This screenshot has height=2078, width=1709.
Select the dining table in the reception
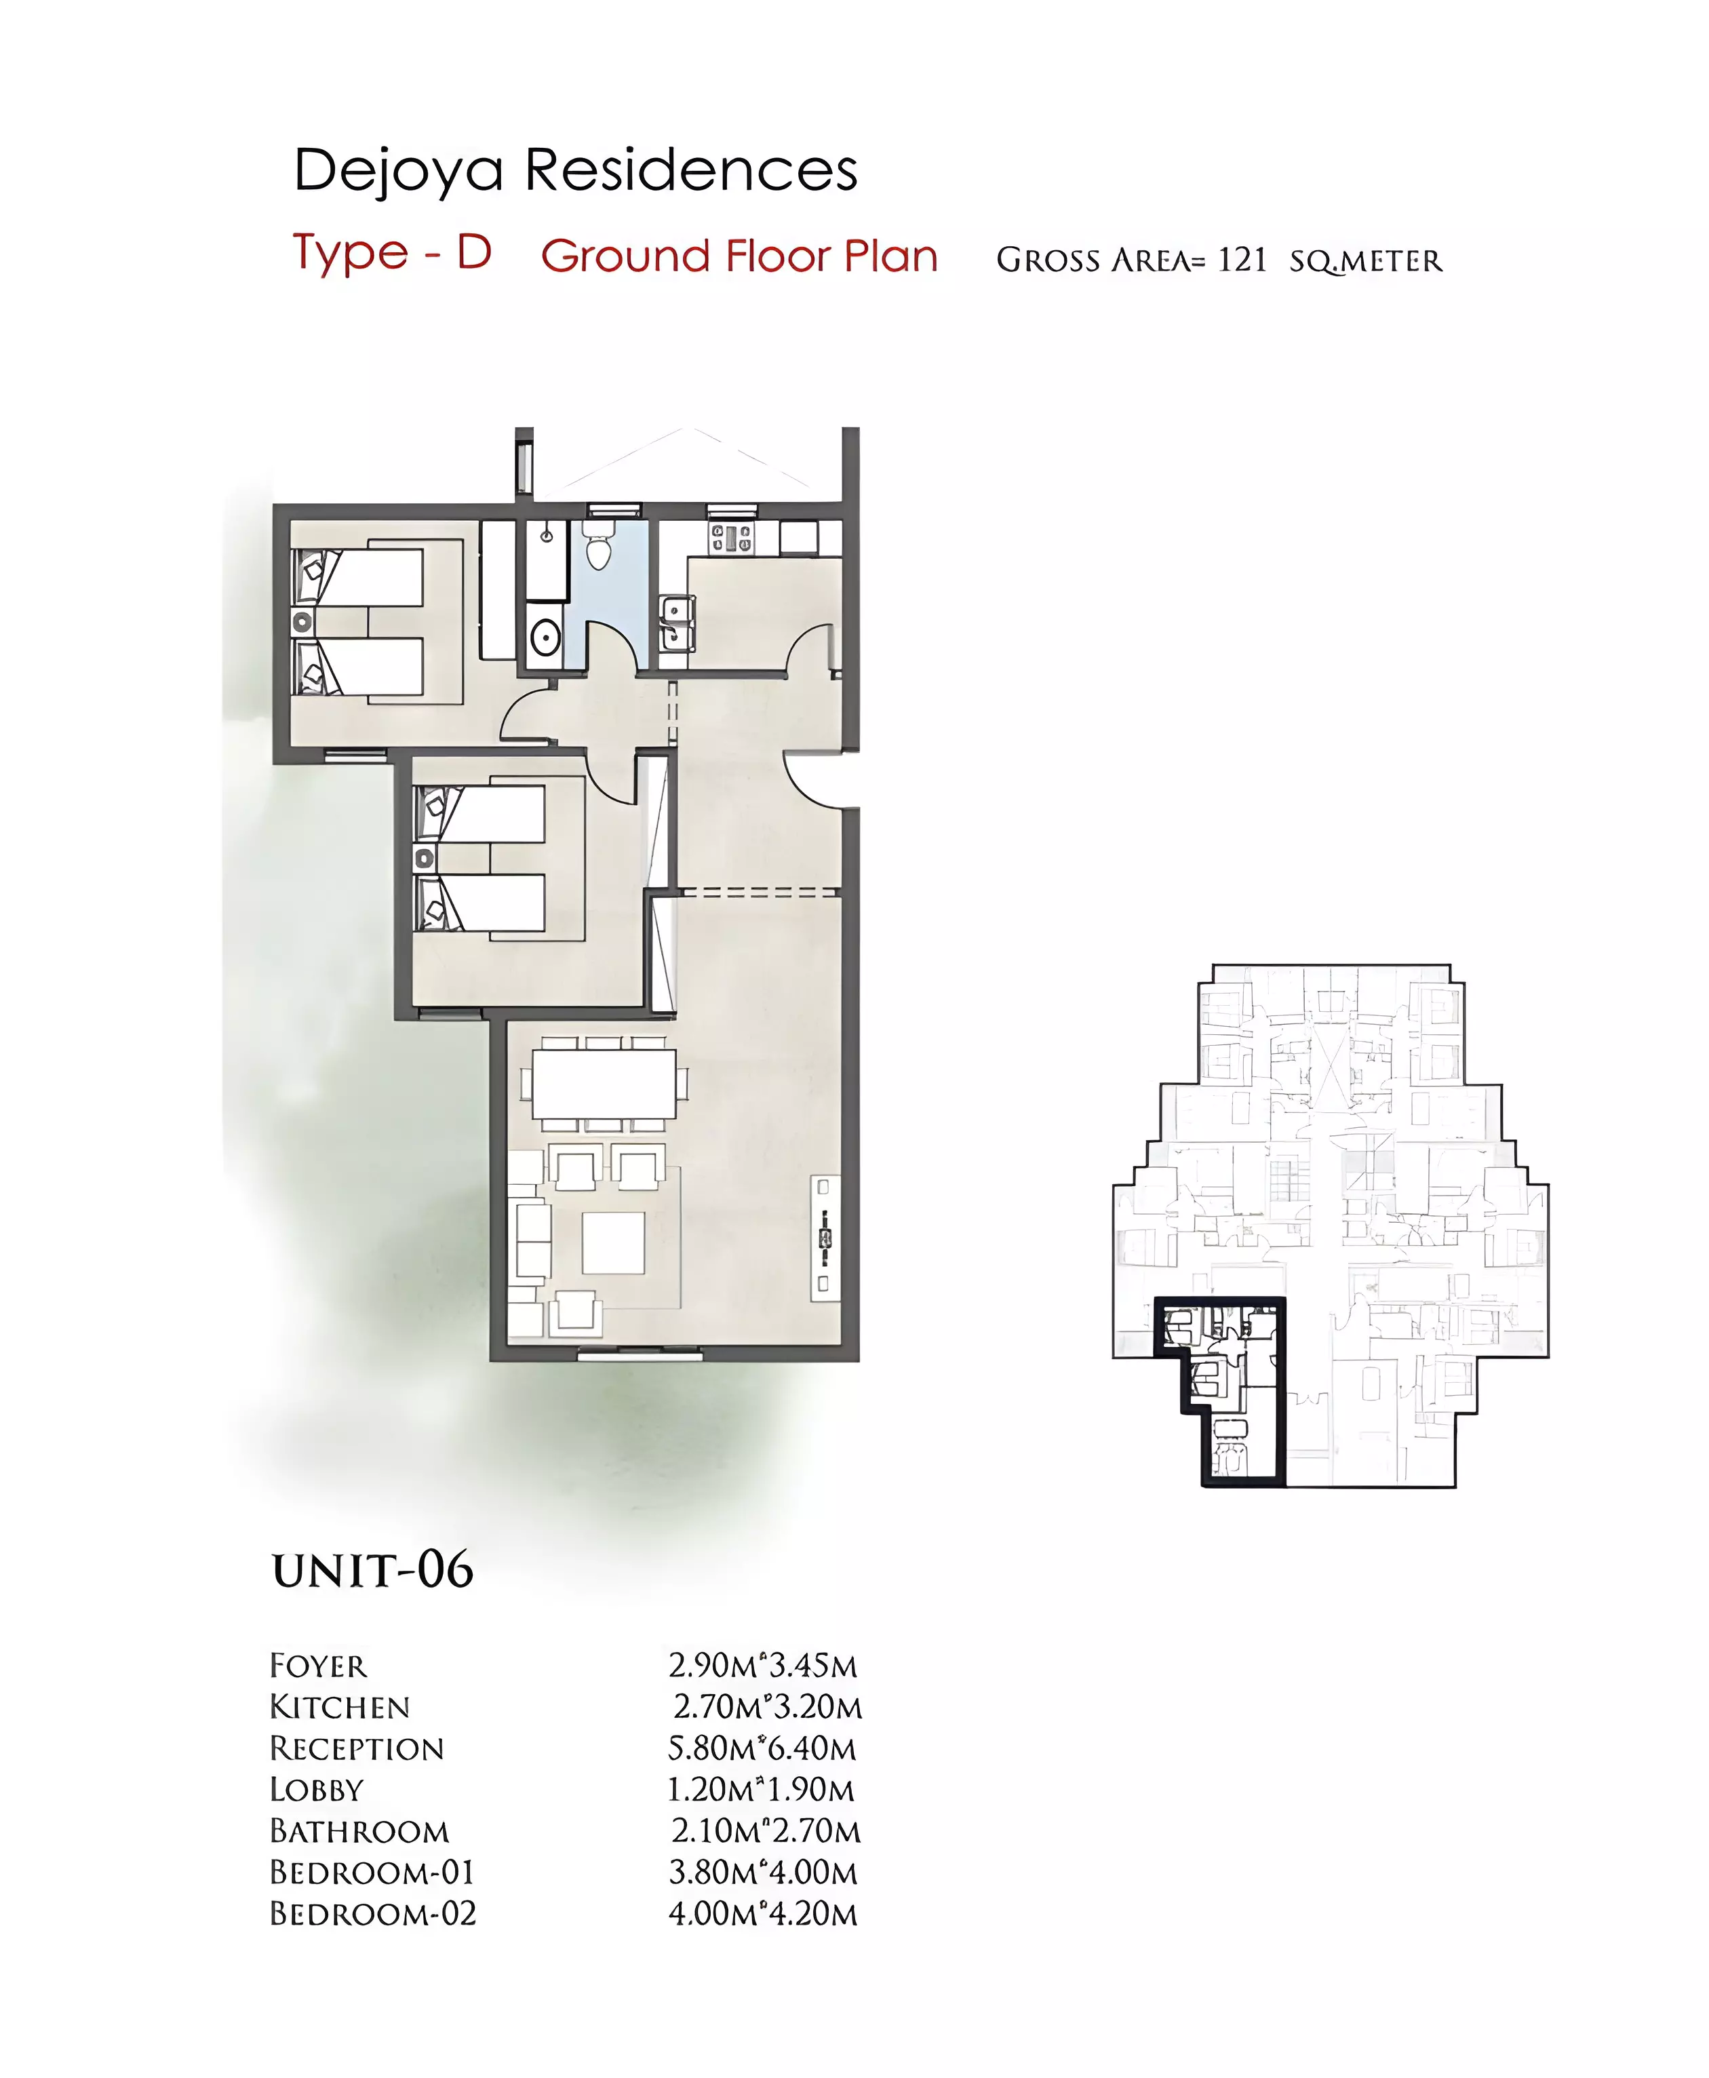point(604,1083)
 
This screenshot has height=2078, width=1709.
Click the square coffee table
point(613,1243)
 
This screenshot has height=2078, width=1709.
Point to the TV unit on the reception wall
point(824,1236)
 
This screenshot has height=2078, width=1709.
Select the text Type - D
point(392,253)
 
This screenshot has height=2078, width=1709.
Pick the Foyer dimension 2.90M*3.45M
point(763,1666)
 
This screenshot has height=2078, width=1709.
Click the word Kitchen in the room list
point(340,1707)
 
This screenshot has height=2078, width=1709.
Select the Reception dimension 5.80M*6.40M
point(763,1748)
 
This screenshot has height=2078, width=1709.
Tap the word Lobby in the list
point(317,1790)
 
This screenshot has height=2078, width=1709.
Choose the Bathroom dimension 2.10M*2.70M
point(766,1831)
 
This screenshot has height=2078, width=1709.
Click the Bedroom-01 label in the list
point(372,1873)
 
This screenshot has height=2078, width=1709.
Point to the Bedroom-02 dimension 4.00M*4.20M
point(763,1914)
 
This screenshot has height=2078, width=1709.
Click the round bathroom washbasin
point(545,637)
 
